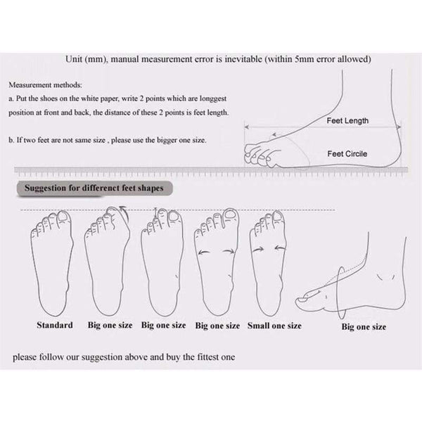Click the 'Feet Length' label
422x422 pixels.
tap(347, 120)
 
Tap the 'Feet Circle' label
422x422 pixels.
tap(347, 153)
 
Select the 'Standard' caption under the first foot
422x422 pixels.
tap(55, 325)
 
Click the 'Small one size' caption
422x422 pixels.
tap(274, 326)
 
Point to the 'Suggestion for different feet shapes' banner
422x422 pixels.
tap(94, 188)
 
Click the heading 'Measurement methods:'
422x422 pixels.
tap(45, 85)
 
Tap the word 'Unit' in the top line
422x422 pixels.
tap(74, 59)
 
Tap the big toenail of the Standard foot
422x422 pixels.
tap(64, 217)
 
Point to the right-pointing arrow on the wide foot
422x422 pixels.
tap(229, 251)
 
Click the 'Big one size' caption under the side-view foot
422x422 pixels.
tap(364, 327)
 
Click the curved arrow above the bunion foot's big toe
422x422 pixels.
tap(124, 212)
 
